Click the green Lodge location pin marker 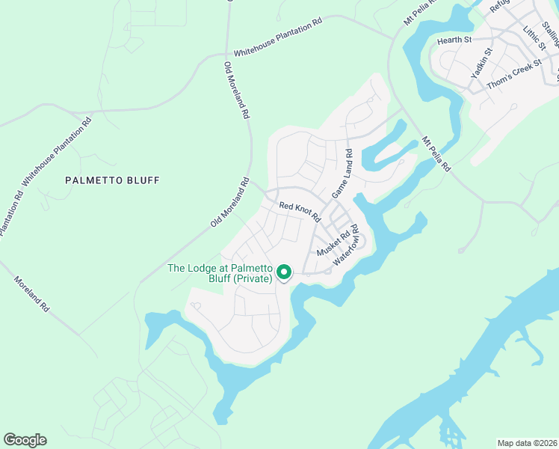(284, 272)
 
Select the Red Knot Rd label (300, 212)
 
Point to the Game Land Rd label (342, 174)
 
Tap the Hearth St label (455, 40)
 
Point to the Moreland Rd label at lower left (31, 294)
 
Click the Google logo (25, 440)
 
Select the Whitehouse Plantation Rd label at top (277, 37)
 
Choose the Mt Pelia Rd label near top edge (419, 13)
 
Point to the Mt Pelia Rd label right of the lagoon (436, 154)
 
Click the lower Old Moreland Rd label (229, 202)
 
